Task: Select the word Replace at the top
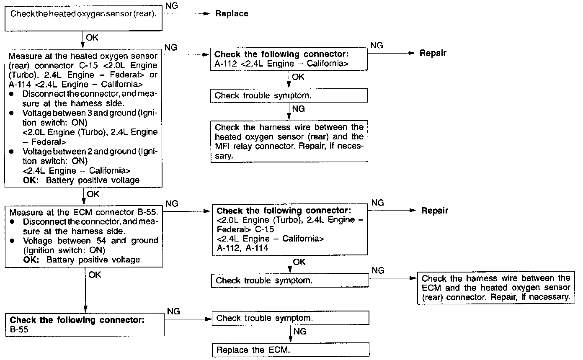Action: click(232, 14)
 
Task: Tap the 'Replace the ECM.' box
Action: click(291, 350)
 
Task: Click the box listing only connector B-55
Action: click(84, 325)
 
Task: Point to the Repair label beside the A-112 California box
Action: click(433, 53)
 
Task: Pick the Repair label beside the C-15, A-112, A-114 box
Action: click(435, 211)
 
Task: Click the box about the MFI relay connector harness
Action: click(289, 141)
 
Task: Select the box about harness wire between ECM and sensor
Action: click(496, 288)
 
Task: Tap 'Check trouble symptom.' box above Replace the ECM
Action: click(291, 318)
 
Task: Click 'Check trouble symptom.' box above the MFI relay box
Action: click(289, 95)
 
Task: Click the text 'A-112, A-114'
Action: click(242, 248)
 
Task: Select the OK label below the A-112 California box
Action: click(298, 77)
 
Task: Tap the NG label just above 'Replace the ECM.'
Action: click(299, 332)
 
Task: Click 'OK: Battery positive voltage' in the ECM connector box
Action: click(82, 260)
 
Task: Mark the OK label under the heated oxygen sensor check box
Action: click(92, 37)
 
